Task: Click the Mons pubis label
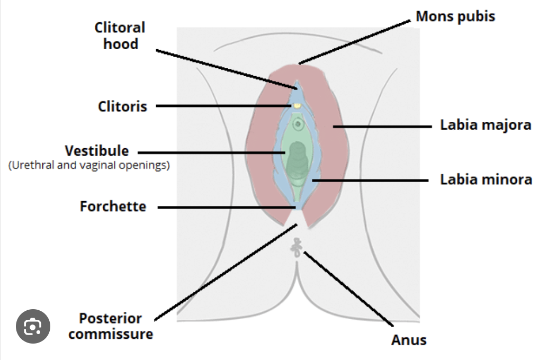pos(455,16)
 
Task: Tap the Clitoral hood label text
pos(120,35)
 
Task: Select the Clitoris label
pos(122,106)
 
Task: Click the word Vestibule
pos(96,151)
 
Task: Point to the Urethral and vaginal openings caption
pos(89,165)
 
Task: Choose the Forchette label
pos(113,206)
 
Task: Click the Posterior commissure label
pos(111,326)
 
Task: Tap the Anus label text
pos(409,339)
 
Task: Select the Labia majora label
pos(486,126)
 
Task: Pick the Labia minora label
pos(486,179)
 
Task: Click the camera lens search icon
pos(33,327)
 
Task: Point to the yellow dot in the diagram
pos(298,105)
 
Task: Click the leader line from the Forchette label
pos(222,208)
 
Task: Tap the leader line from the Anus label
pos(349,290)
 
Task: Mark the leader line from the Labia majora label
pos(381,127)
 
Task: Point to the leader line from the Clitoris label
pos(222,106)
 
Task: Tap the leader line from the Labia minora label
pos(371,181)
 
